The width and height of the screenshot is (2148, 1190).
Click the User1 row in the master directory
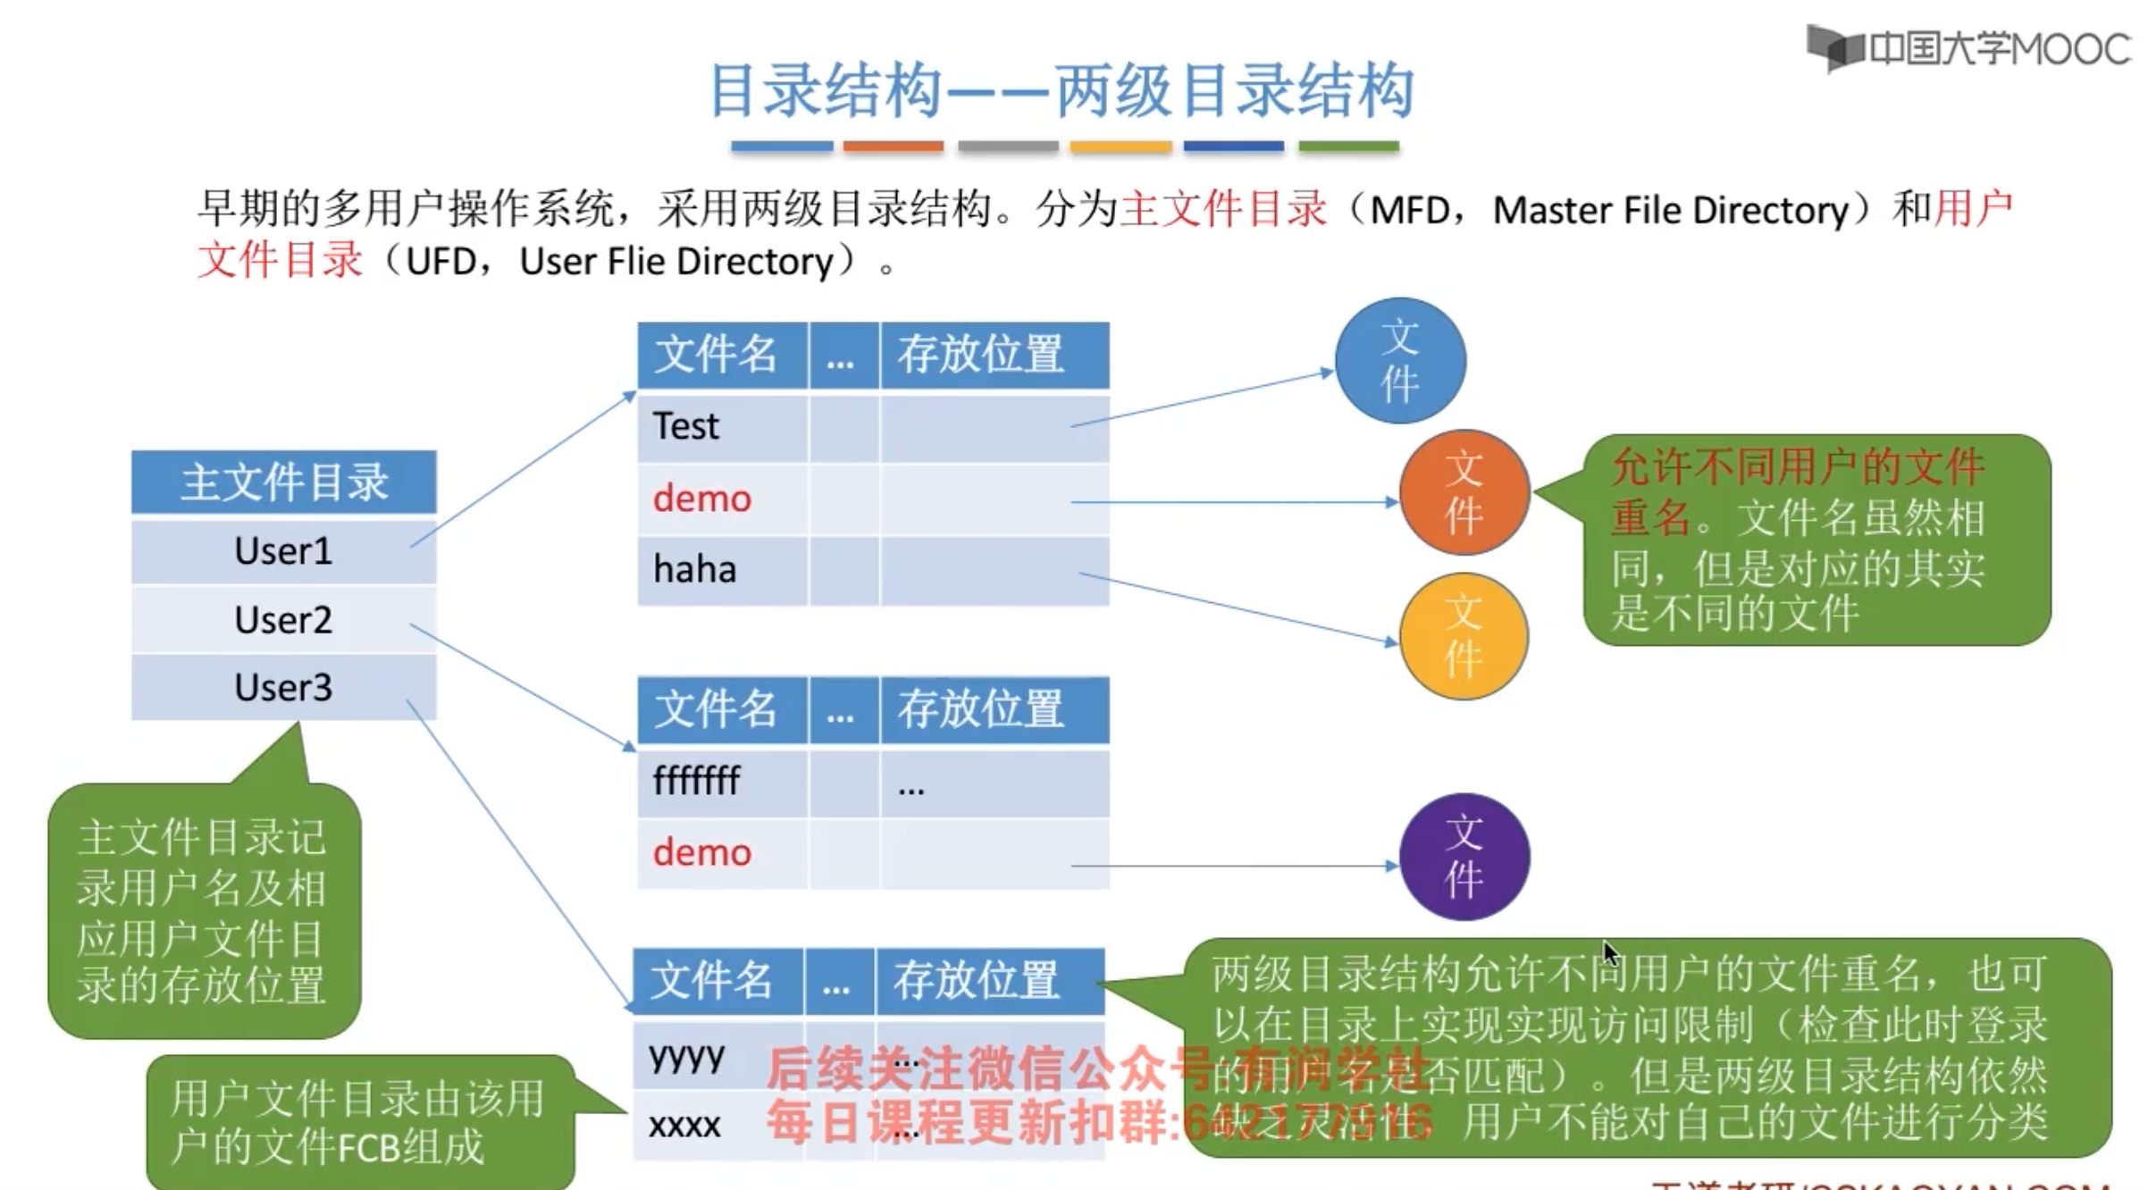(x=283, y=551)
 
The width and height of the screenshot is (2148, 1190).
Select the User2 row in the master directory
(x=283, y=620)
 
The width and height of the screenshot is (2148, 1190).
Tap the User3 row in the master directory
(x=283, y=688)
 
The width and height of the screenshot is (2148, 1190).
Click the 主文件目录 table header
(x=284, y=482)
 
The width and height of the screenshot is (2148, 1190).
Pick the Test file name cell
(x=686, y=426)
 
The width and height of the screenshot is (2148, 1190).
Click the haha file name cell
(x=695, y=569)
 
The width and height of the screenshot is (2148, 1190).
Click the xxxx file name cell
(x=685, y=1125)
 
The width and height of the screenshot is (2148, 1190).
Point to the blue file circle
(x=1400, y=361)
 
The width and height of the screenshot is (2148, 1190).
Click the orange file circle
(x=1464, y=492)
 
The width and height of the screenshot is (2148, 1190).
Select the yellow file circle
(x=1464, y=636)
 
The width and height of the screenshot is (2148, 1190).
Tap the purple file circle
(x=1464, y=857)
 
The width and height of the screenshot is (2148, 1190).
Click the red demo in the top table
(x=702, y=499)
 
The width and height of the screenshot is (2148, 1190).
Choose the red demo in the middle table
(x=702, y=853)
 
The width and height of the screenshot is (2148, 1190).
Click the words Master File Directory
(x=1670, y=211)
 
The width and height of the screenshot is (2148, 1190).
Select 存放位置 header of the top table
(x=981, y=355)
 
